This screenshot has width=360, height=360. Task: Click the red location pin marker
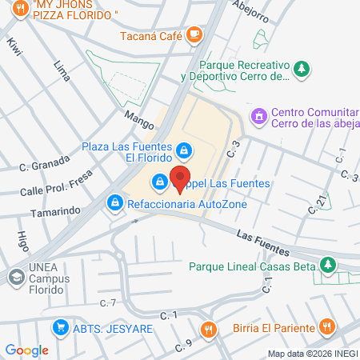click(x=181, y=178)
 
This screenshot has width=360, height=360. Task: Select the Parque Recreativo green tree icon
click(x=302, y=70)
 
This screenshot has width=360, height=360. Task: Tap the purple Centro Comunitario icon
click(x=258, y=118)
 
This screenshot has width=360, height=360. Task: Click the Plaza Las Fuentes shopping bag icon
click(x=185, y=150)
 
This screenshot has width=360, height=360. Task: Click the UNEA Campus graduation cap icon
click(x=15, y=277)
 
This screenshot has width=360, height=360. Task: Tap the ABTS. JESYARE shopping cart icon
click(x=59, y=327)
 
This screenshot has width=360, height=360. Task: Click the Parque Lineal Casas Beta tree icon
click(x=326, y=265)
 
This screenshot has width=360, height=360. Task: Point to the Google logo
click(x=26, y=350)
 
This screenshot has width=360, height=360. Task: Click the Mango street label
click(x=138, y=115)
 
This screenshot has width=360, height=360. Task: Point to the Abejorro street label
click(x=250, y=8)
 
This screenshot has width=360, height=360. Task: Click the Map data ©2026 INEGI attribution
click(x=312, y=354)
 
